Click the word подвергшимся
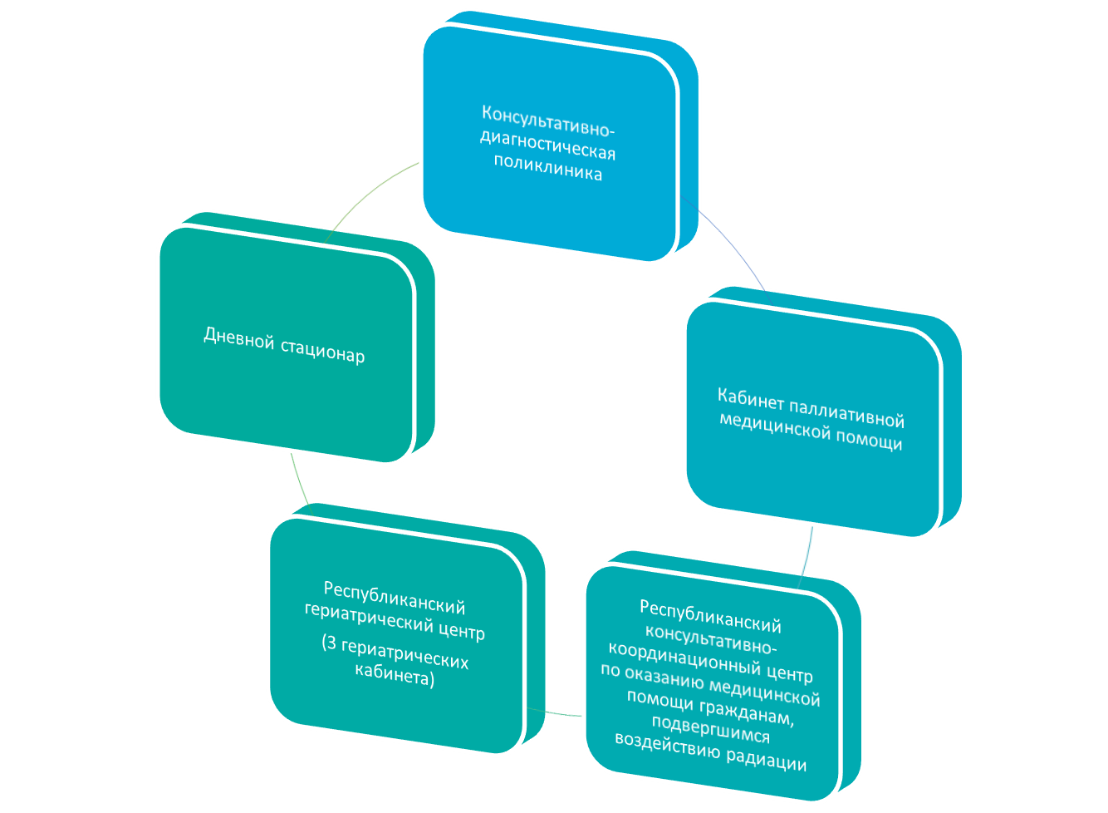tap(710, 729)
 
